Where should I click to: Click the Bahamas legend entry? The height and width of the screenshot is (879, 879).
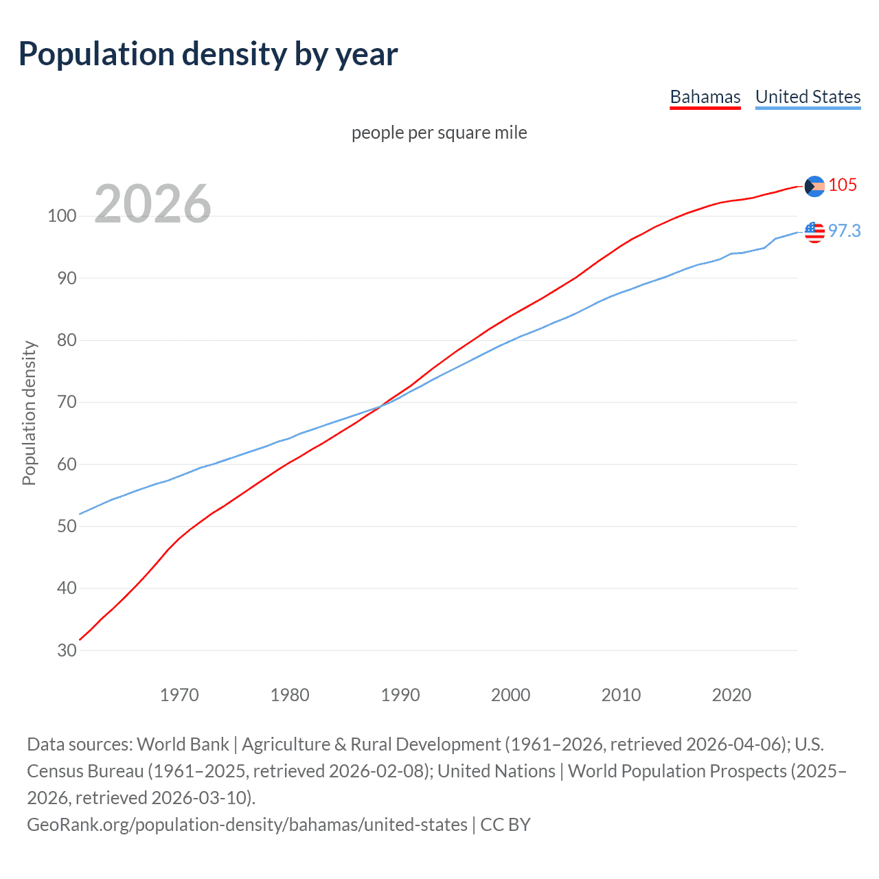point(705,97)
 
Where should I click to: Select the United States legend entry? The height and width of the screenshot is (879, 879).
point(808,97)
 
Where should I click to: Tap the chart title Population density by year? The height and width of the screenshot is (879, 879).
point(208,54)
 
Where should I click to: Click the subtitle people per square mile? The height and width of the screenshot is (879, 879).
point(439,133)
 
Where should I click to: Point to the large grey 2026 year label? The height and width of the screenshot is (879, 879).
point(152,204)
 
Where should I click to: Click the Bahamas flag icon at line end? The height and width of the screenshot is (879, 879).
point(814,186)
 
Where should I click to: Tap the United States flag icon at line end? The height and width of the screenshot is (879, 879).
point(814,232)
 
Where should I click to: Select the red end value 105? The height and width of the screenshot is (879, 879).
point(843,185)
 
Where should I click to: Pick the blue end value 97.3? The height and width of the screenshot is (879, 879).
point(844,231)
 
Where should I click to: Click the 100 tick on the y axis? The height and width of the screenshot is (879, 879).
point(62,216)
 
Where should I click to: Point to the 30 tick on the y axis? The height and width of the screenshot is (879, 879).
point(67,650)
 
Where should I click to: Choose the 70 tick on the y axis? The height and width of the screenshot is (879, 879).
point(67,402)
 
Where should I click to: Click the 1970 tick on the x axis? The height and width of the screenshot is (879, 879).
point(179,695)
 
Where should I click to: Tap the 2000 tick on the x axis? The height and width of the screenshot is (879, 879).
point(510,695)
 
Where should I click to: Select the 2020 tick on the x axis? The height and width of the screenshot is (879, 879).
point(731,695)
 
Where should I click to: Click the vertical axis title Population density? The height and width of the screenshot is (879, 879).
point(29,413)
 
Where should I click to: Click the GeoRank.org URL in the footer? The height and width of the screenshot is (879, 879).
point(247,824)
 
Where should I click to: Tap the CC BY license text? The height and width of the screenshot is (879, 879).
point(505,824)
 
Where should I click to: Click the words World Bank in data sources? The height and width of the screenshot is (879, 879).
point(183,744)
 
